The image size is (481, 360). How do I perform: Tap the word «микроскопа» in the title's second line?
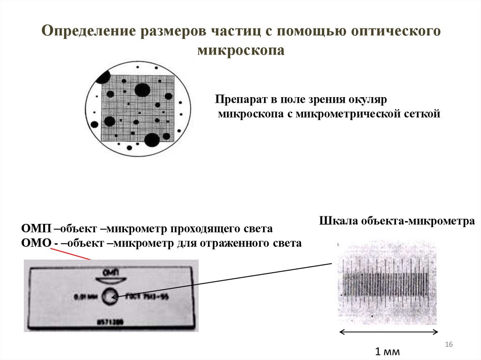tap(240, 50)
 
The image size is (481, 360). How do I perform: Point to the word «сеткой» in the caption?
tap(422, 114)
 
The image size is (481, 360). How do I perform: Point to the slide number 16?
tap(448, 345)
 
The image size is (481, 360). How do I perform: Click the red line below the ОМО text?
tap(70, 253)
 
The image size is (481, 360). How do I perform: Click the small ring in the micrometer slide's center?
tap(111, 296)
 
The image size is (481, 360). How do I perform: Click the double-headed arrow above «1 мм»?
tap(388, 332)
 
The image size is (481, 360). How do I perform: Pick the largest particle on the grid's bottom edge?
tap(151, 139)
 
